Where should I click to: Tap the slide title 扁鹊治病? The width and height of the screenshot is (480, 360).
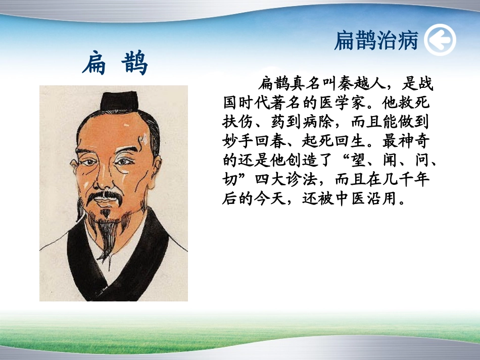point(376,41)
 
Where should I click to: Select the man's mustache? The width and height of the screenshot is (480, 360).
point(106,196)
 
